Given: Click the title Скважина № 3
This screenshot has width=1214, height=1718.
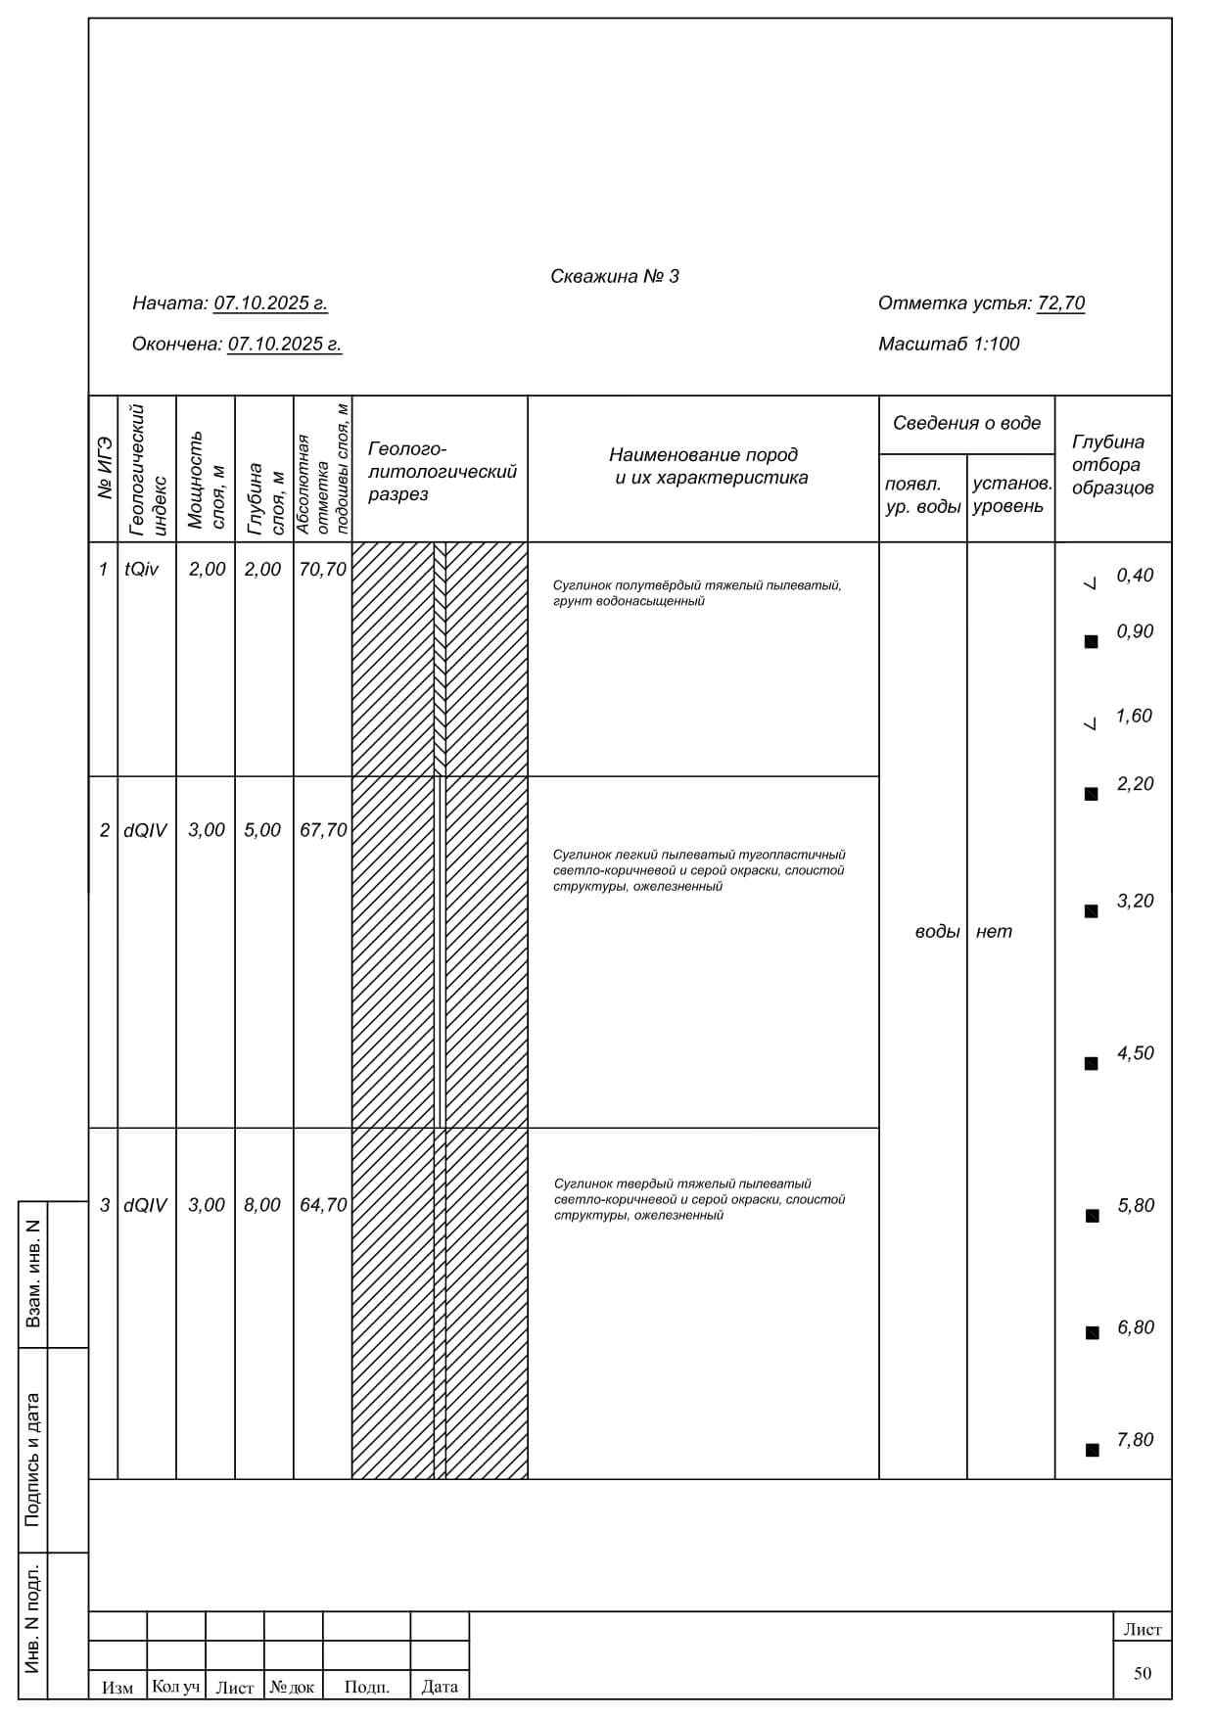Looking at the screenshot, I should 614,277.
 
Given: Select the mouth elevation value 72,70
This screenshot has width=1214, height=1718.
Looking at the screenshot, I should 1060,303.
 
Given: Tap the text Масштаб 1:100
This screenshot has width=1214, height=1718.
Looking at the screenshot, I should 948,345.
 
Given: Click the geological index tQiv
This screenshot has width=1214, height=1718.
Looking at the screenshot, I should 142,570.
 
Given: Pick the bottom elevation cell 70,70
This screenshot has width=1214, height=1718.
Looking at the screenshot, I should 322,570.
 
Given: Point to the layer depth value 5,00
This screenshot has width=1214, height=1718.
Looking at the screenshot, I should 262,830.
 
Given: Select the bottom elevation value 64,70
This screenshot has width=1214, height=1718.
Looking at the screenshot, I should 323,1205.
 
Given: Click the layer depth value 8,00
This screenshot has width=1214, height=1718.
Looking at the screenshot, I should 262,1205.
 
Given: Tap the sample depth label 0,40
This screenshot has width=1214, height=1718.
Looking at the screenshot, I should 1135,576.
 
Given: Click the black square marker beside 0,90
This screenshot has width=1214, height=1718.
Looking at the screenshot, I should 1091,642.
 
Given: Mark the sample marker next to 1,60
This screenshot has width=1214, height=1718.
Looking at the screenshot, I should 1091,724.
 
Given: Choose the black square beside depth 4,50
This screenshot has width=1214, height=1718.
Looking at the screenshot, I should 1091,1063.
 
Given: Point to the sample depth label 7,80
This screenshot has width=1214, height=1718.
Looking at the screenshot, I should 1135,1440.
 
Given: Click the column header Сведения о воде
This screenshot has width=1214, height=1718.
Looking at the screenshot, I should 966,424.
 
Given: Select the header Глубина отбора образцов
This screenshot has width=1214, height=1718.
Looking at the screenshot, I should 1112,465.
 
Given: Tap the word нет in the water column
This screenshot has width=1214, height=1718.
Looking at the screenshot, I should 994,932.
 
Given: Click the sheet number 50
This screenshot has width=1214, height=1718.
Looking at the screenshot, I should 1143,1673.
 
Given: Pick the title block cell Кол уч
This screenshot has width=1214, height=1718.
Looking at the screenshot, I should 176,1686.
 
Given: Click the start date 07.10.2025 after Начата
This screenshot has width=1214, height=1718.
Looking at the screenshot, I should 270,303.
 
